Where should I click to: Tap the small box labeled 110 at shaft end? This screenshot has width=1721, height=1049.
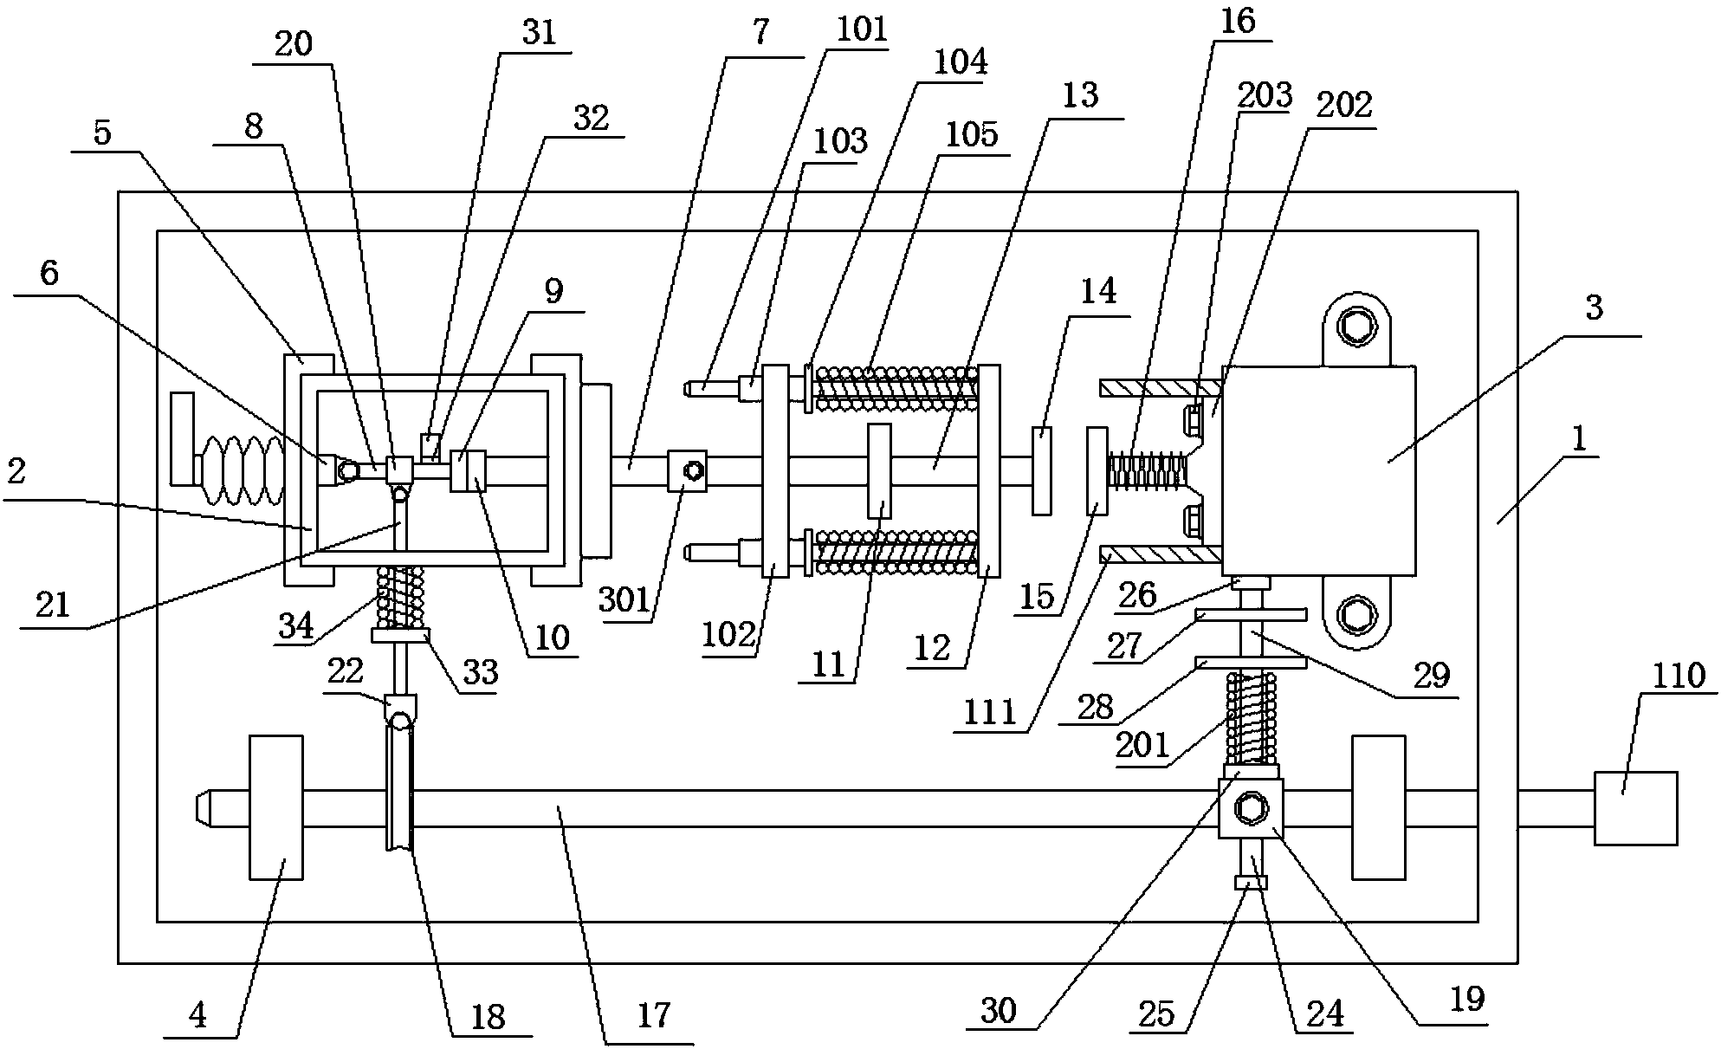1635,808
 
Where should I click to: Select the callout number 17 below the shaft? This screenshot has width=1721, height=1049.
654,1015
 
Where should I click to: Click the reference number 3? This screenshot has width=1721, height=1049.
1594,308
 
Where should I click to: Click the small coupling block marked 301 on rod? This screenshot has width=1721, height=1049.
688,472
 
